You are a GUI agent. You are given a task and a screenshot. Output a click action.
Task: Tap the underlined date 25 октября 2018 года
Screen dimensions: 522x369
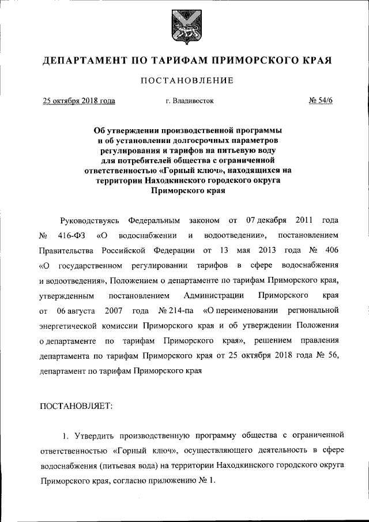point(79,101)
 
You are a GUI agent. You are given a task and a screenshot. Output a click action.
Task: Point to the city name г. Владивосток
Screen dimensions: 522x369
point(189,101)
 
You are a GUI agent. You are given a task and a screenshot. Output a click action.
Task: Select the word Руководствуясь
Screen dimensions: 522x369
point(89,221)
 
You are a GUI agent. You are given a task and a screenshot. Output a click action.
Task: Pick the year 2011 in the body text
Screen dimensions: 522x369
point(303,221)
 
